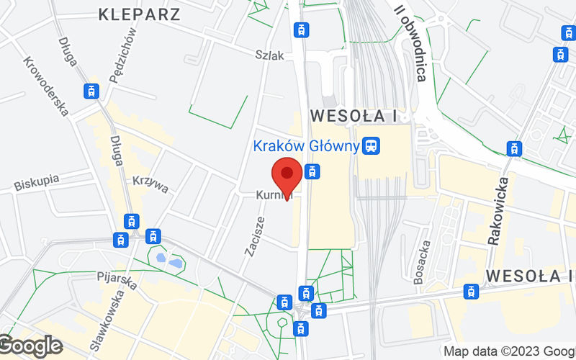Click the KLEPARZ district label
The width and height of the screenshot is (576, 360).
(x=140, y=13)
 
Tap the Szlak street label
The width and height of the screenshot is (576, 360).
(x=269, y=55)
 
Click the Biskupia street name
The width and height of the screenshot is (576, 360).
(x=36, y=182)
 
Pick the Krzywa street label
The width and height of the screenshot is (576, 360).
(x=150, y=184)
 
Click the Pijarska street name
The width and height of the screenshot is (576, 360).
(x=117, y=279)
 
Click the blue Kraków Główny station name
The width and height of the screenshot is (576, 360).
(x=306, y=146)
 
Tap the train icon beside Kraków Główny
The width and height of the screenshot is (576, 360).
(x=372, y=146)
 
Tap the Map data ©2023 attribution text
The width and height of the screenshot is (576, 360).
(x=508, y=351)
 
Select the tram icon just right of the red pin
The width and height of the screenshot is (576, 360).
(x=311, y=172)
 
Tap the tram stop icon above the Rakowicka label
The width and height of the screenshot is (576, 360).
(x=514, y=149)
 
